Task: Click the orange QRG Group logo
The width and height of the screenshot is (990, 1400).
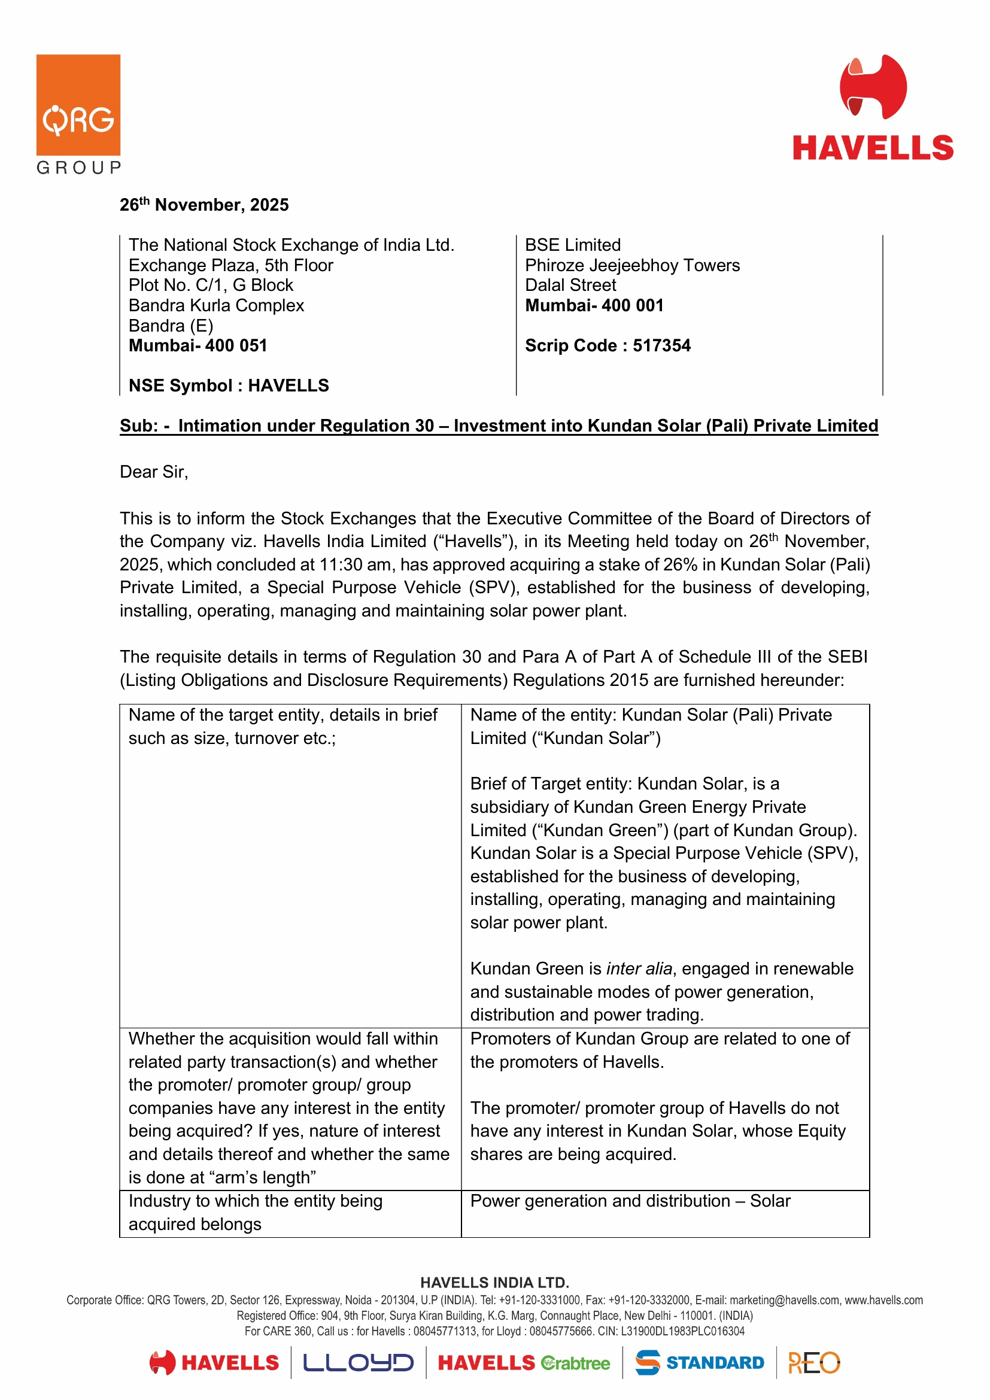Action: (78, 113)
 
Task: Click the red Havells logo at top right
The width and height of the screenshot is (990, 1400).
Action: (872, 108)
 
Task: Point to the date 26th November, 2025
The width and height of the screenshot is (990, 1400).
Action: (204, 205)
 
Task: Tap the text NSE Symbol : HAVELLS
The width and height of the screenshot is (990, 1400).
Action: (229, 386)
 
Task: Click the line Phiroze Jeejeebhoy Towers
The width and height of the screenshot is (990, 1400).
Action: (632, 265)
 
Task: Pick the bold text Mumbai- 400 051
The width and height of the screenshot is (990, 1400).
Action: (198, 346)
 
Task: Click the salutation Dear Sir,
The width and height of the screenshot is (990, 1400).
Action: (154, 472)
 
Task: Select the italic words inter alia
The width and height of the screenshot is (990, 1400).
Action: (639, 969)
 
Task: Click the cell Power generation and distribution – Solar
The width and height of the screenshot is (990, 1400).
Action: (630, 1201)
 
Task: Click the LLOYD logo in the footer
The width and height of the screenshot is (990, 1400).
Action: (359, 1363)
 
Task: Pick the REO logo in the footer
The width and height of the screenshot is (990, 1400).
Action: (814, 1363)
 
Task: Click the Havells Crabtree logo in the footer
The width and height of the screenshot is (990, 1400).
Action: (524, 1363)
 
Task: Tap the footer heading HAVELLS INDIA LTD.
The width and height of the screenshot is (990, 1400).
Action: (494, 1283)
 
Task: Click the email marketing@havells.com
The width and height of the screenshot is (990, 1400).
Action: (784, 1301)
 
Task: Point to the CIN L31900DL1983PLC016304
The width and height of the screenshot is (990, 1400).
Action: (682, 1331)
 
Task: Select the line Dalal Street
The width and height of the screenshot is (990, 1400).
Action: (570, 286)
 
